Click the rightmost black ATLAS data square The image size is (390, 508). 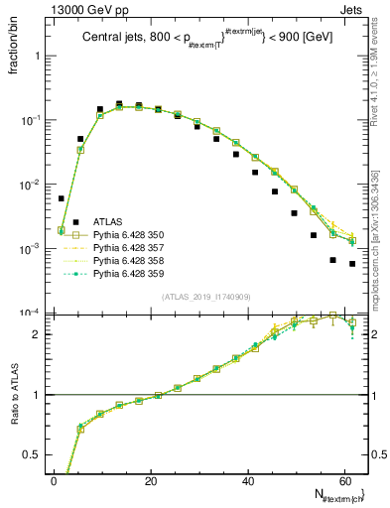click(352, 264)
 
